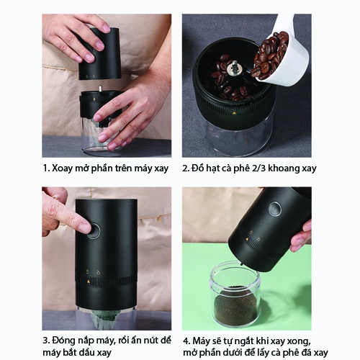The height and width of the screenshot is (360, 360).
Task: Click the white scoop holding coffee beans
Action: [276, 55]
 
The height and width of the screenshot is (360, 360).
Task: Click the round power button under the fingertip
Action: [94, 230]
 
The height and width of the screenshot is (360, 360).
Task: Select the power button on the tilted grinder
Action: [275, 208]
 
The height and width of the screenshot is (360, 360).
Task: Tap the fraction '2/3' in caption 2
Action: [258, 168]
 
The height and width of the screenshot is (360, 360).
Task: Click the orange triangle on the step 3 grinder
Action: [89, 282]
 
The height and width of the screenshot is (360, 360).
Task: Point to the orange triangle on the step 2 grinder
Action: [235, 112]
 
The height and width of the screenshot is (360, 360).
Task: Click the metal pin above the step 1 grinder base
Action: [101, 88]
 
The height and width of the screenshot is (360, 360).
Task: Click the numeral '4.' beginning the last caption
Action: [186, 341]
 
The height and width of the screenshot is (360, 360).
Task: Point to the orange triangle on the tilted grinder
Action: [247, 239]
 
